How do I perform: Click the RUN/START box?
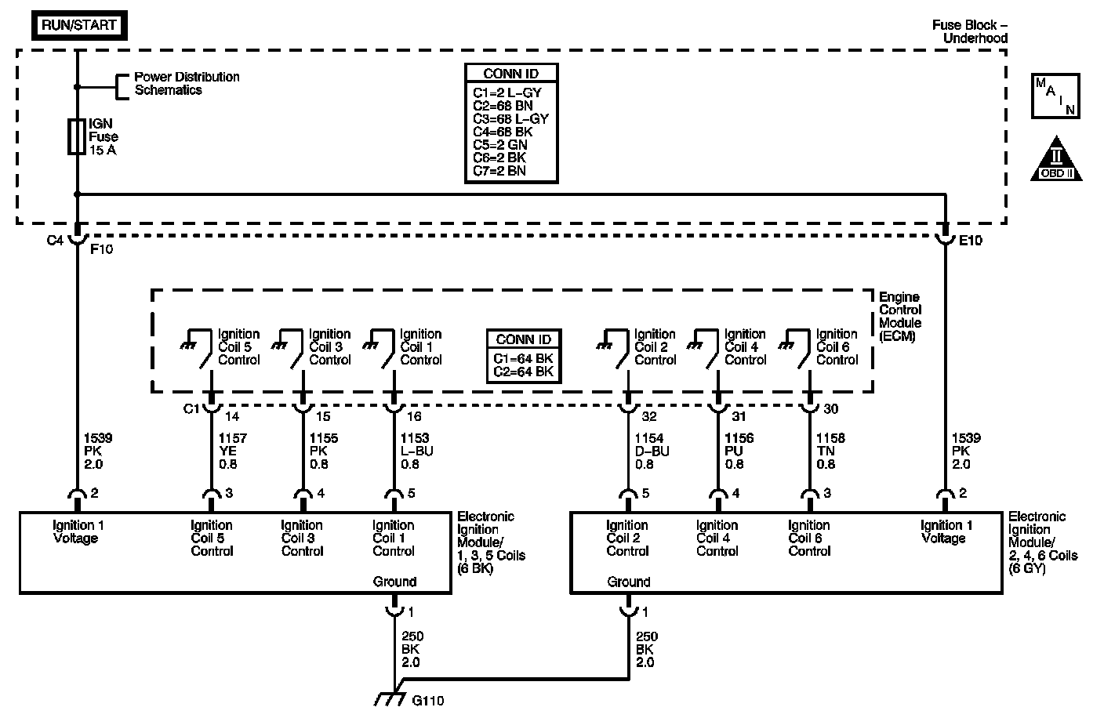pyautogui.click(x=79, y=25)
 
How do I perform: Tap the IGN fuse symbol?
pyautogui.click(x=77, y=136)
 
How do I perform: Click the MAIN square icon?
pyautogui.click(x=1055, y=96)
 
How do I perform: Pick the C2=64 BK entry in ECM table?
pyautogui.click(x=523, y=372)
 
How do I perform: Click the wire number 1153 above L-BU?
pyautogui.click(x=414, y=438)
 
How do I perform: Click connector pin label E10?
pyautogui.click(x=971, y=241)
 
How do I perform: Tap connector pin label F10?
pyautogui.click(x=103, y=248)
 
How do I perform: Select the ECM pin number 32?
pyautogui.click(x=648, y=416)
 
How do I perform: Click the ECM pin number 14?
pyautogui.click(x=231, y=416)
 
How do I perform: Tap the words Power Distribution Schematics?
pyautogui.click(x=187, y=83)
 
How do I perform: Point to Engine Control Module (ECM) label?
pyautogui.click(x=900, y=317)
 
